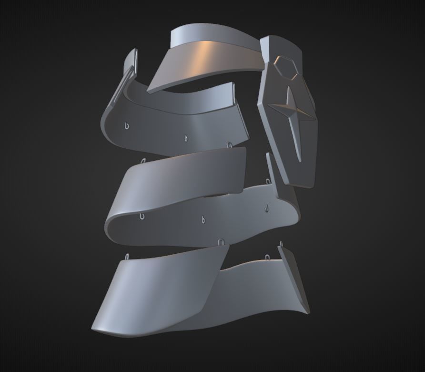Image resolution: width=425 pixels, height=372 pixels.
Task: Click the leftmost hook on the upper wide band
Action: [126, 126]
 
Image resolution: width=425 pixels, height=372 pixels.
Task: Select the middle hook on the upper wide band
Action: [186, 138]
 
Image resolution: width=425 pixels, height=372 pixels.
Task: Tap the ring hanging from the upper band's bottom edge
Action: [230, 145]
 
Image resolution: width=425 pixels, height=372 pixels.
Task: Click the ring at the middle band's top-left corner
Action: [143, 161]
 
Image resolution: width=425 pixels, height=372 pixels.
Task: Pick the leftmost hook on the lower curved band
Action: [142, 217]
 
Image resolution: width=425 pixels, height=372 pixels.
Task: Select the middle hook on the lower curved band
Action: [203, 220]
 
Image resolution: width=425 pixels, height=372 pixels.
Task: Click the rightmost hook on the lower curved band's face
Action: [266, 207]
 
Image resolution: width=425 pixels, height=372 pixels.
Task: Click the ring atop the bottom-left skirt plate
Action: [128, 257]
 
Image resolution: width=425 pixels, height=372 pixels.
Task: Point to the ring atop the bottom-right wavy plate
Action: [267, 258]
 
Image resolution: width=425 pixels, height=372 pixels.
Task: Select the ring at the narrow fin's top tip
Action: [281, 244]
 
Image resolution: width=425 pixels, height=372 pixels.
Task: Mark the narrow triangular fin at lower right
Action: [293, 277]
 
